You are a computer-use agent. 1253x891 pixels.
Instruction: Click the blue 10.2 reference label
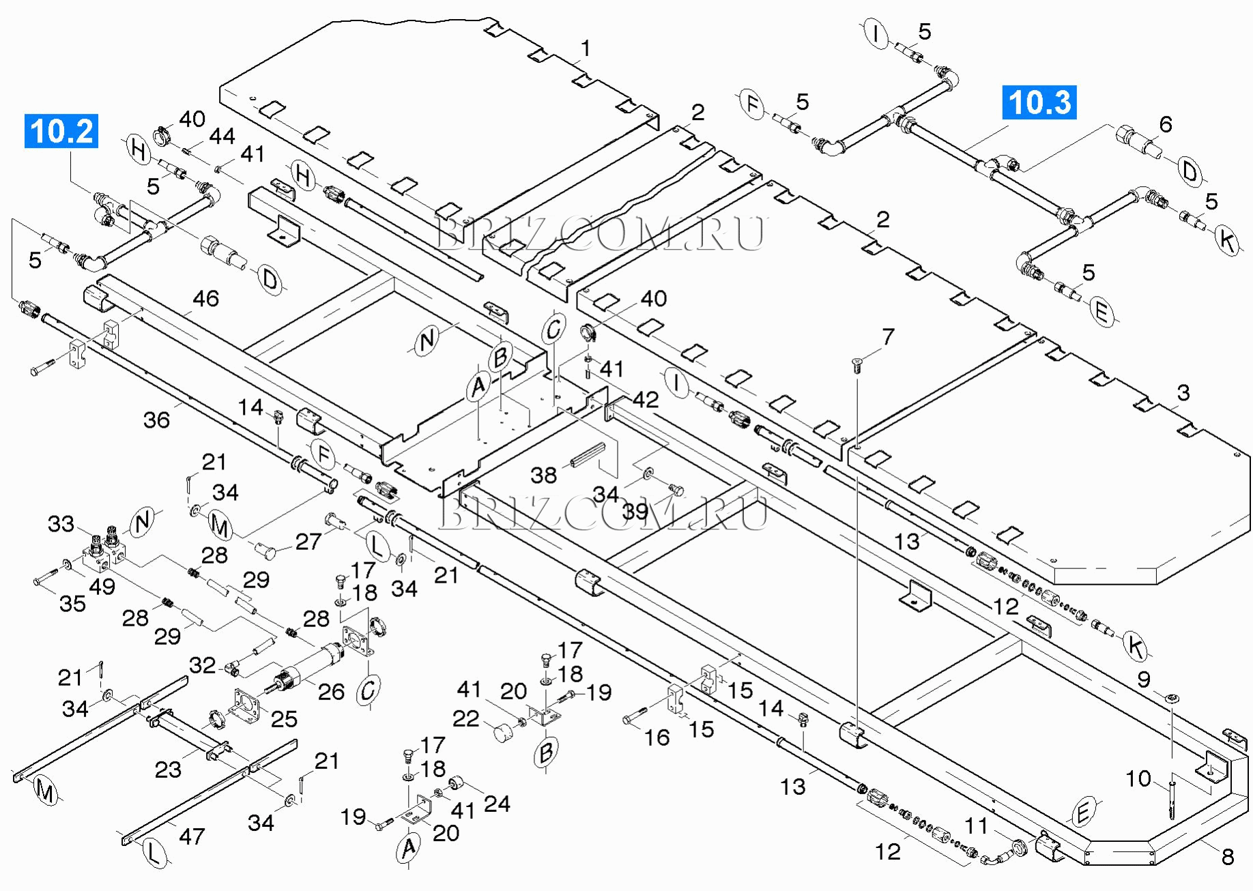(x=61, y=132)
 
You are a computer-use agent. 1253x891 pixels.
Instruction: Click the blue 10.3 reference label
(x=1039, y=102)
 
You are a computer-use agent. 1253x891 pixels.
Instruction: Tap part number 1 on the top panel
(x=585, y=49)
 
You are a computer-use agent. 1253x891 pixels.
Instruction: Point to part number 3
(x=1183, y=393)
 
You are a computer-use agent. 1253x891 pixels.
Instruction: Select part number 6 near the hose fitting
(x=1166, y=124)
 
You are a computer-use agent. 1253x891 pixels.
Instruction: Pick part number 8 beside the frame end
(x=1227, y=856)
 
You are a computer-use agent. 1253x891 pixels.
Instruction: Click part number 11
(x=976, y=826)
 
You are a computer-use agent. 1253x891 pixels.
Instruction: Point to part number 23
(x=168, y=770)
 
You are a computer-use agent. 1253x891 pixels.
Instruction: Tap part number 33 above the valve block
(x=61, y=524)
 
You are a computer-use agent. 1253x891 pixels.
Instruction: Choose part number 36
(x=156, y=420)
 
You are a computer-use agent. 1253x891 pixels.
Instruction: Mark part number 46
(x=205, y=298)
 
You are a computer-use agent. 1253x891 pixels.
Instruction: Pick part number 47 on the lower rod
(x=191, y=836)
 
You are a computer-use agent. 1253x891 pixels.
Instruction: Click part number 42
(x=645, y=399)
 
